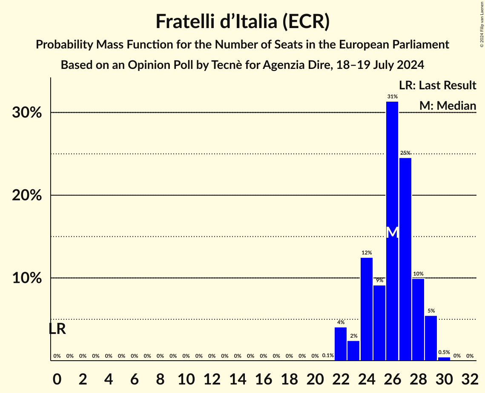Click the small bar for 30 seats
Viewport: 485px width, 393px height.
[x=444, y=359]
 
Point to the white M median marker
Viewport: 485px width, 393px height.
[x=392, y=232]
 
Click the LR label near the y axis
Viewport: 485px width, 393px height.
[x=57, y=329]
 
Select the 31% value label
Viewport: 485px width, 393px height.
[x=392, y=97]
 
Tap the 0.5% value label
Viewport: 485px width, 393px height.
[x=444, y=353]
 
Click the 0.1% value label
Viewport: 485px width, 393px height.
[x=328, y=356]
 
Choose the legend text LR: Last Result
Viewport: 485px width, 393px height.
[x=437, y=85]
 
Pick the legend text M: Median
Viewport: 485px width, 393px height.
[x=447, y=105]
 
